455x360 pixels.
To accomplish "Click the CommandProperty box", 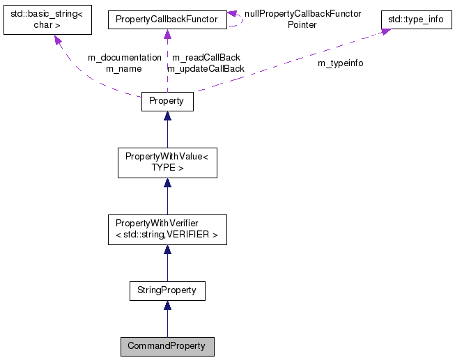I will (x=167, y=346).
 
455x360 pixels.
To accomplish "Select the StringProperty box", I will (x=167, y=290).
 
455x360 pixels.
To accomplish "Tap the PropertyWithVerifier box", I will (x=167, y=230).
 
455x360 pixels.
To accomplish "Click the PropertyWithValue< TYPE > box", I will (x=167, y=162).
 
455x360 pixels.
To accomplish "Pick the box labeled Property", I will (x=167, y=101).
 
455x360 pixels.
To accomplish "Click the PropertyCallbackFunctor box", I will (x=167, y=20).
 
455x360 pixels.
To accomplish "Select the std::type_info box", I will (x=416, y=19).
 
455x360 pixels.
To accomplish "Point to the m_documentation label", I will (x=125, y=57).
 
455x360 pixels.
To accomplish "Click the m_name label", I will (x=124, y=68).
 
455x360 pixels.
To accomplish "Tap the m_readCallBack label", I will (x=206, y=57).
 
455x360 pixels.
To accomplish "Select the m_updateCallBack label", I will (x=206, y=68).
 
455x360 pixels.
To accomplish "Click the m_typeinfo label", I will (x=340, y=63).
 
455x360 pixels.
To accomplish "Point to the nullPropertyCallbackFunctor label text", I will (x=302, y=14).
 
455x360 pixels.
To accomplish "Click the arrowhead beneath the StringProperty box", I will (x=167, y=306).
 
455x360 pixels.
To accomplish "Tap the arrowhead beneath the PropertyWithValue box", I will (x=167, y=183).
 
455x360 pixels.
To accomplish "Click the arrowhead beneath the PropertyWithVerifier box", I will (x=167, y=250).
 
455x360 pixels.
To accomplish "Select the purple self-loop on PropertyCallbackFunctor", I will (x=238, y=19).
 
